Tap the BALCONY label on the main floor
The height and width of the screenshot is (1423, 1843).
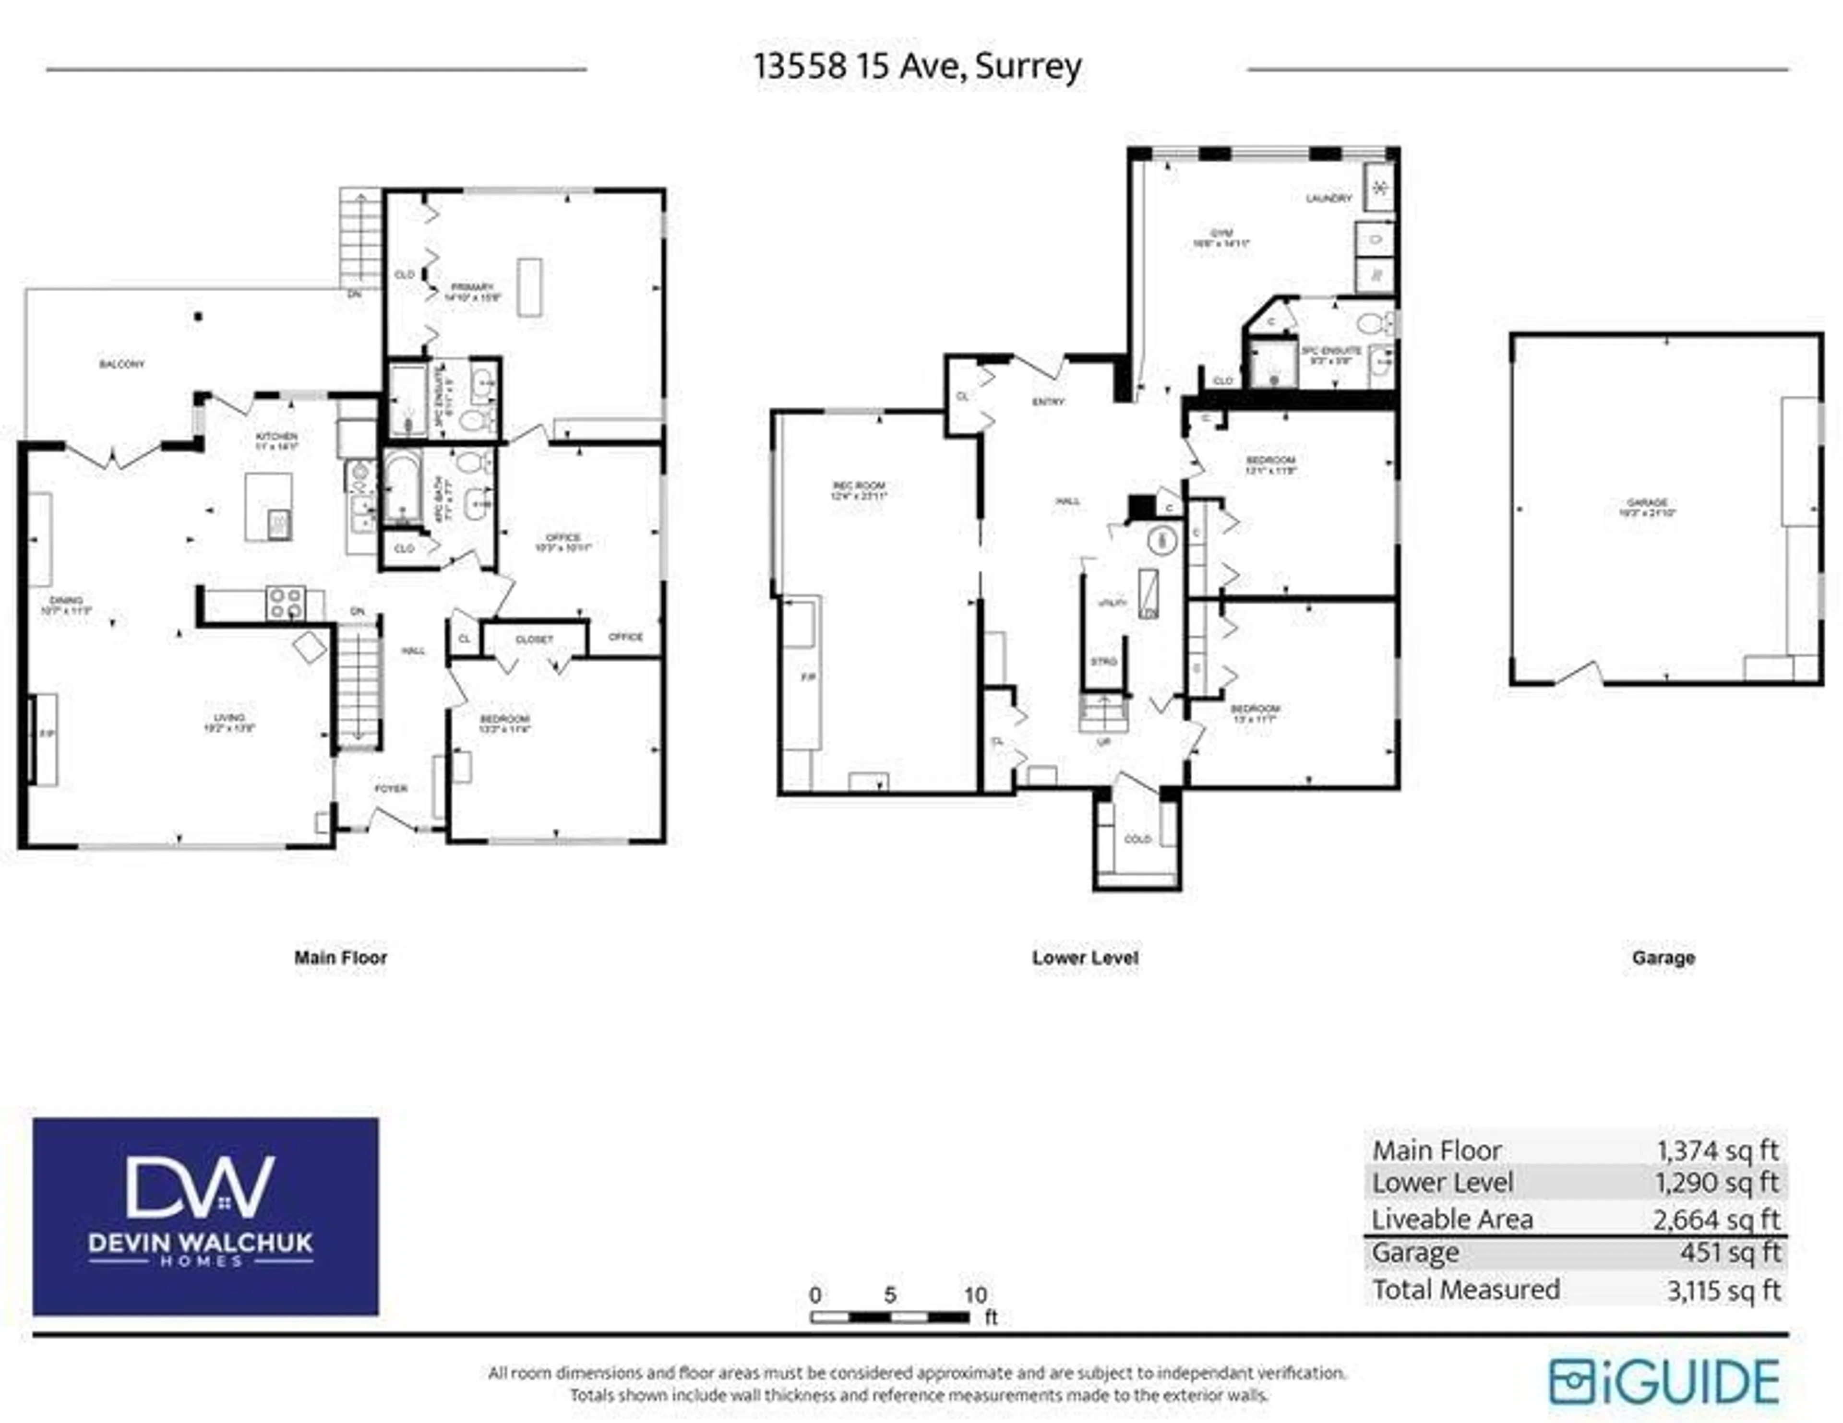pyautogui.click(x=121, y=365)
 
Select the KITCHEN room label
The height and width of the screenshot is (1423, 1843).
pyautogui.click(x=277, y=436)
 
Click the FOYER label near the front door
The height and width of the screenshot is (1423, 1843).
pyautogui.click(x=391, y=789)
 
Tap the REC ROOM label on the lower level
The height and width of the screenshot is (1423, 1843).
pyautogui.click(x=858, y=486)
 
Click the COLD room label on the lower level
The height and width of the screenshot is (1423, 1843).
pyautogui.click(x=1137, y=839)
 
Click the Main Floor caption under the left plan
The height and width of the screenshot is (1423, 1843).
pyautogui.click(x=340, y=958)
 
